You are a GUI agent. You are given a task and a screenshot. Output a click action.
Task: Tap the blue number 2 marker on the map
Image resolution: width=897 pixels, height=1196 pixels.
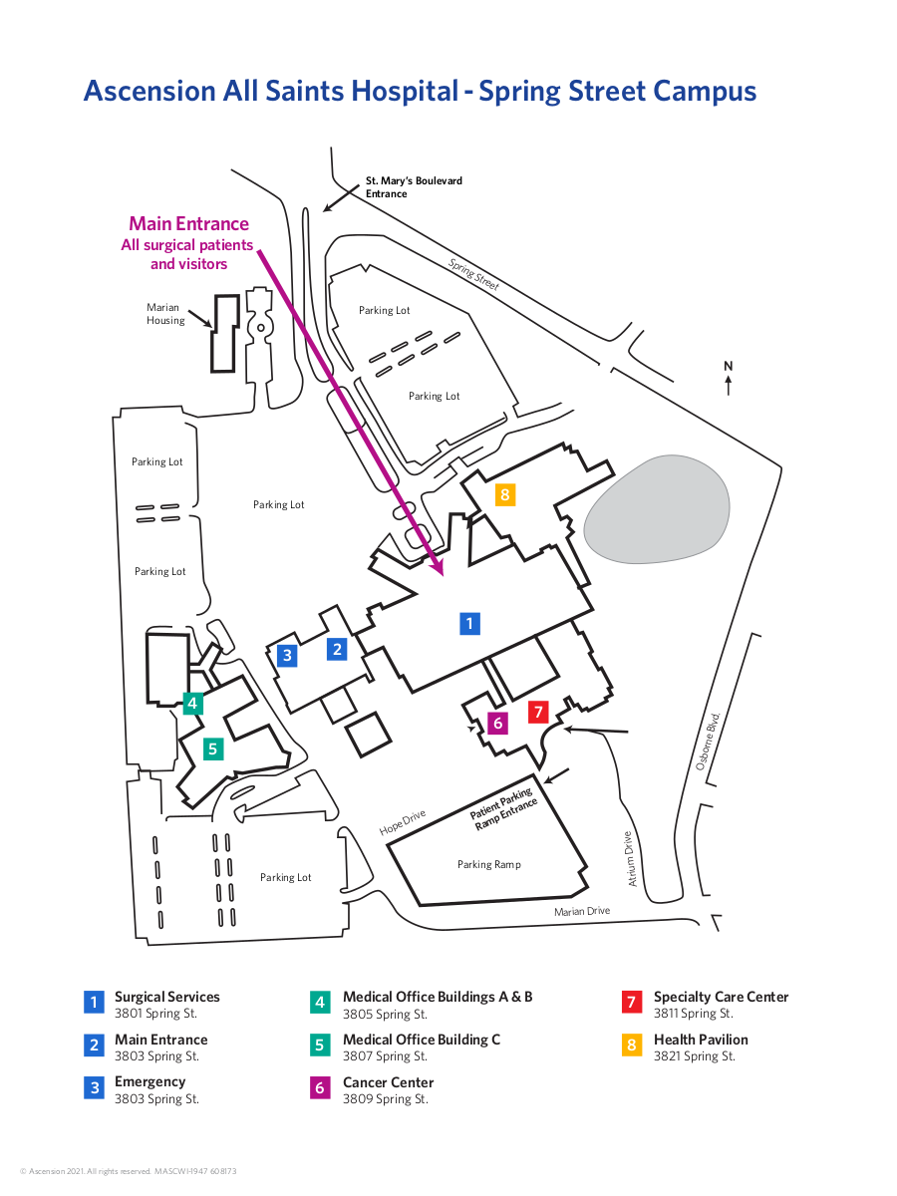(338, 649)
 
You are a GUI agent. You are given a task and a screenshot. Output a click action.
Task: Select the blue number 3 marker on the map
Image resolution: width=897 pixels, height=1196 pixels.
(287, 655)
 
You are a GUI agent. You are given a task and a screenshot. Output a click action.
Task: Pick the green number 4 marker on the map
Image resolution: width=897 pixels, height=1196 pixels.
(193, 704)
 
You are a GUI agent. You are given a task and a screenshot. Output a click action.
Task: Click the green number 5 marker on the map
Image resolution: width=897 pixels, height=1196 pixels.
(213, 748)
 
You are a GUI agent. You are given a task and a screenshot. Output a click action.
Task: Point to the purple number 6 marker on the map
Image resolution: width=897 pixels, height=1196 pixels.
(497, 723)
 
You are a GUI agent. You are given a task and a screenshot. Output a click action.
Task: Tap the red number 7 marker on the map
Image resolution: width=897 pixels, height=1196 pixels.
(538, 712)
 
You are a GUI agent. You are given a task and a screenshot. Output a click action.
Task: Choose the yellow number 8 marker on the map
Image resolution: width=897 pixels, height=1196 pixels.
(505, 493)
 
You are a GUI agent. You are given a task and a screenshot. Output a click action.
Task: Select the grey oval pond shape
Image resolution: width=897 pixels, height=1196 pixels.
(656, 508)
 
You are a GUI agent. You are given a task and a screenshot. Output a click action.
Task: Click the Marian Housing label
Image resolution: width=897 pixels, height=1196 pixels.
(165, 314)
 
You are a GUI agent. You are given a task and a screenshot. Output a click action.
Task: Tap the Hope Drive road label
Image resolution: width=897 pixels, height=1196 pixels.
(402, 822)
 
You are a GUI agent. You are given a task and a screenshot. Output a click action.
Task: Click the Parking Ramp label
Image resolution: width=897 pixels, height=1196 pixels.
(488, 864)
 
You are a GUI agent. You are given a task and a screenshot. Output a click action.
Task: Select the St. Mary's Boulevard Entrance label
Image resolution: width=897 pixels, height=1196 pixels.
(414, 187)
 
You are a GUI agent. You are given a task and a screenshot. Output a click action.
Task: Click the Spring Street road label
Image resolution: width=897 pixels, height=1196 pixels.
(472, 274)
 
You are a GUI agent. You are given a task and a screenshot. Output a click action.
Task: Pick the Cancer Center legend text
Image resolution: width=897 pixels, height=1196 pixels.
(388, 1082)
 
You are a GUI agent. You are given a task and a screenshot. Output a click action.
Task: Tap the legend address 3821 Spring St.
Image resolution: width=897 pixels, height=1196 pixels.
(694, 1056)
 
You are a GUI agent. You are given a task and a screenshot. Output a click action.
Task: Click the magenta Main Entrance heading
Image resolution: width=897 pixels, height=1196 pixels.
(188, 224)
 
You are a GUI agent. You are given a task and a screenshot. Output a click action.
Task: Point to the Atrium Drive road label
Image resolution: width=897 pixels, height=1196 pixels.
(630, 858)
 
